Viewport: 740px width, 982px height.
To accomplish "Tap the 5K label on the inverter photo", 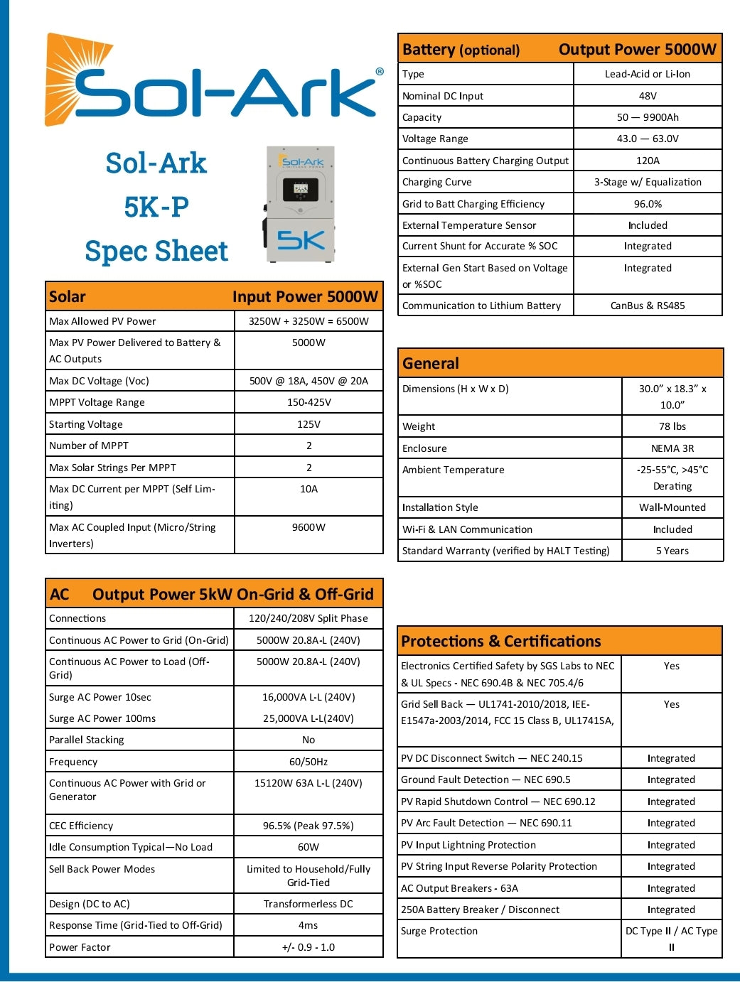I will (301, 240).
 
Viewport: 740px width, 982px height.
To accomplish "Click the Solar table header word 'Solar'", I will (68, 297).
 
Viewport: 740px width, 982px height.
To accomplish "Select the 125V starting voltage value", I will (309, 424).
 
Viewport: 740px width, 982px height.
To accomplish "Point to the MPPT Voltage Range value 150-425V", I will (309, 402).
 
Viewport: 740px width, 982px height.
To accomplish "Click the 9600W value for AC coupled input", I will (309, 527).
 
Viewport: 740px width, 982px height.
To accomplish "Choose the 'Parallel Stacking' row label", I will (87, 740).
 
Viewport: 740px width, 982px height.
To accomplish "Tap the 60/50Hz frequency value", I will (309, 762).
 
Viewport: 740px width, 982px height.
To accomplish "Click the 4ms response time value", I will (309, 925).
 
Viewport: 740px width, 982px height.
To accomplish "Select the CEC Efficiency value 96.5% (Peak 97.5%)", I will (309, 826).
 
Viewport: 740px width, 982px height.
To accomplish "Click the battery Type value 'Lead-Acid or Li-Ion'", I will (648, 74).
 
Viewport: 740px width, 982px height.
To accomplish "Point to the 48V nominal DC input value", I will (648, 96).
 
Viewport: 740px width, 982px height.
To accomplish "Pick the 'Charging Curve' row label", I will (437, 182).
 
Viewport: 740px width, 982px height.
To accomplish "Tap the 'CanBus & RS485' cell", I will (648, 306).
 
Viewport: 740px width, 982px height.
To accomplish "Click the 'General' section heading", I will (431, 363).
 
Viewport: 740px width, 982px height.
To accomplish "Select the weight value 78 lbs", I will (672, 426).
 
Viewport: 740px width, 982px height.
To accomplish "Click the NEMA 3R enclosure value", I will (672, 448).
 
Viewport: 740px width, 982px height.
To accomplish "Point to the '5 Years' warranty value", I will (672, 551).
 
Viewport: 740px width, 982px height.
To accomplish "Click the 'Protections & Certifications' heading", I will (501, 641).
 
